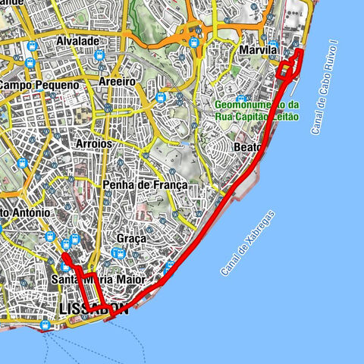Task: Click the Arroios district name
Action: pos(95,143)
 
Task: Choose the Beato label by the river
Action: pos(249,146)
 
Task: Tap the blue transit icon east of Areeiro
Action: pos(160,96)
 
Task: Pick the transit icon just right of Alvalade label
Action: pos(100,55)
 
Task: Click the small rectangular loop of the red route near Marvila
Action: pos(283,70)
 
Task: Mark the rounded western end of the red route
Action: pos(64,258)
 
